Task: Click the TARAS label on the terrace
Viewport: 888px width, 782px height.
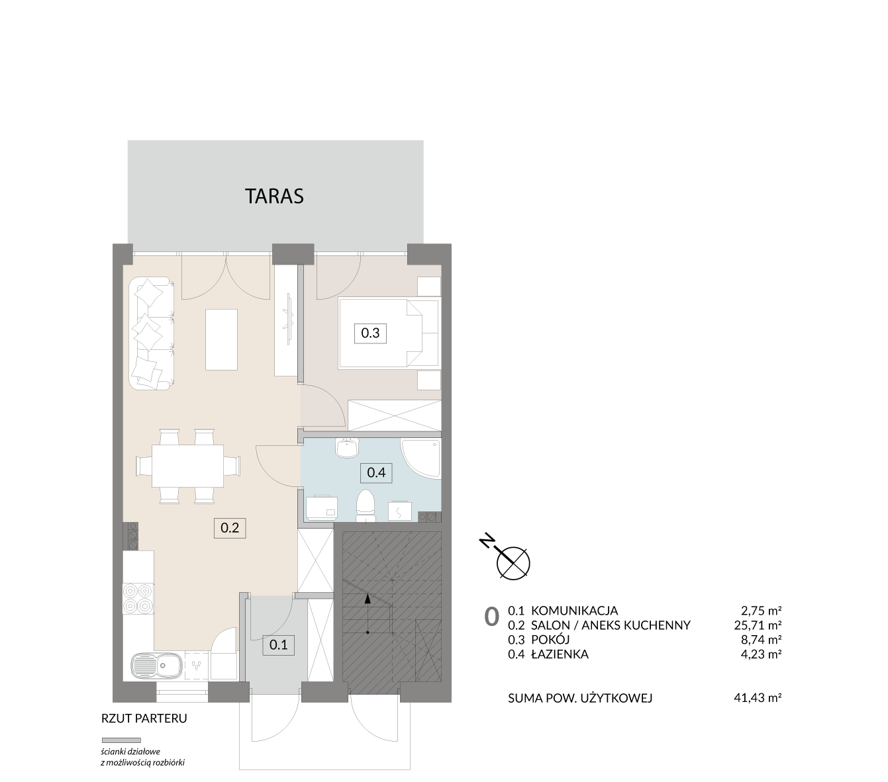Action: (274, 196)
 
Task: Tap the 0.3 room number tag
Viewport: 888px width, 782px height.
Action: (370, 333)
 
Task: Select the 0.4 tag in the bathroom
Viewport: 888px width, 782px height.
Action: (376, 472)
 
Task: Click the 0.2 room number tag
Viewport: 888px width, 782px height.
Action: (230, 527)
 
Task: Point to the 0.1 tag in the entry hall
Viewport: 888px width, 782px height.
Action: (279, 644)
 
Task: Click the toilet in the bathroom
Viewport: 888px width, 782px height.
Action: (365, 505)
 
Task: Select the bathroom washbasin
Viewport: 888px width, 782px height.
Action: (347, 448)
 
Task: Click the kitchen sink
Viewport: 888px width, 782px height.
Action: (157, 666)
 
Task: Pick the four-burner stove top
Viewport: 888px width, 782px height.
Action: (138, 599)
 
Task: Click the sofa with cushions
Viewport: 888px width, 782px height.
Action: (151, 333)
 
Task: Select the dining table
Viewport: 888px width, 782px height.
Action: (187, 466)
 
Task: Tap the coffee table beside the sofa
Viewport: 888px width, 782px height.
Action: (221, 339)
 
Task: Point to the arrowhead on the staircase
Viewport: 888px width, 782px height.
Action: (368, 599)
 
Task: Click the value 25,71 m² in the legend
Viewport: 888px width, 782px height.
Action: (758, 625)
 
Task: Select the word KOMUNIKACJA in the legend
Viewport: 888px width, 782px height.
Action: (574, 611)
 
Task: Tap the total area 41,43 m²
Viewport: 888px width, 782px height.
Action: (758, 698)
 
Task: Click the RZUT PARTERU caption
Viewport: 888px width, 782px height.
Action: (144, 718)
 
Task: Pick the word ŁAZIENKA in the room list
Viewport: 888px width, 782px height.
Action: (560, 654)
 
